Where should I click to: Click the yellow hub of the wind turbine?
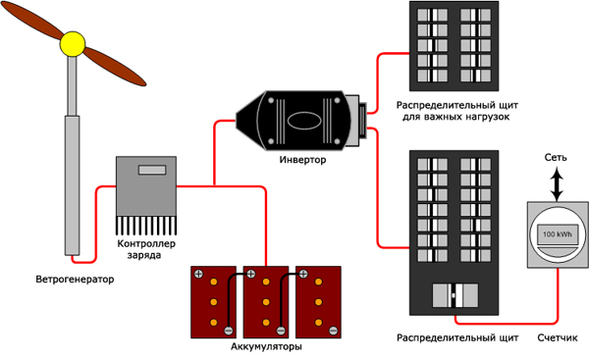[x=73, y=44]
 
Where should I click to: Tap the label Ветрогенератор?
[x=75, y=280]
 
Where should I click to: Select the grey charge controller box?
[x=146, y=186]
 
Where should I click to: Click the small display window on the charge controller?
[x=152, y=170]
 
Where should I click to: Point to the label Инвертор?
[x=302, y=160]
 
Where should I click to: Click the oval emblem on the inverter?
[x=304, y=121]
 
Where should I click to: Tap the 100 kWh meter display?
[x=557, y=234]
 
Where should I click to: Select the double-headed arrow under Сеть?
[x=557, y=184]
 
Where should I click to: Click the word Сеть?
[x=556, y=157]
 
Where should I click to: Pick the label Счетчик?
[x=558, y=337]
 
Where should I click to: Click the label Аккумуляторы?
[x=266, y=346]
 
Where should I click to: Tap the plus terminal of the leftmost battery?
[x=198, y=274]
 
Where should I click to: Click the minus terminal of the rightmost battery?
[x=333, y=331]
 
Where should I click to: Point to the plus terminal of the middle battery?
[x=251, y=274]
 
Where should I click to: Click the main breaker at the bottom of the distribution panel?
[x=455, y=295]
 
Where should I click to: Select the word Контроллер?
[x=146, y=243]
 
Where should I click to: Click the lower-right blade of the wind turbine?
[x=115, y=67]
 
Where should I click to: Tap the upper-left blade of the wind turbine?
[x=32, y=22]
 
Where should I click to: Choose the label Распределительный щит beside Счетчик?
[x=457, y=337]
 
